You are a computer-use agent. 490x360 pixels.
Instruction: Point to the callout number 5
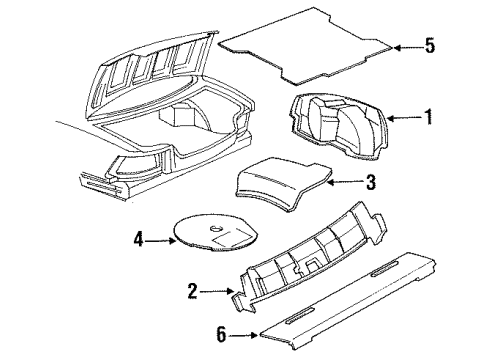pyautogui.click(x=431, y=45)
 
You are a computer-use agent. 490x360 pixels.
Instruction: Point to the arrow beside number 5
pyautogui.click(x=405, y=45)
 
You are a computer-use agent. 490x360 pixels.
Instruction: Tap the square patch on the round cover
pyautogui.click(x=234, y=241)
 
